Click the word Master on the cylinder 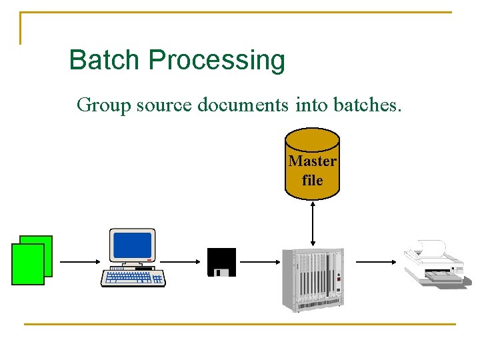[x=312, y=161]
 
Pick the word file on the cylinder [x=312, y=180]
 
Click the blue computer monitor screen [x=132, y=245]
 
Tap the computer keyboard [x=133, y=277]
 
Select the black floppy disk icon [x=221, y=262]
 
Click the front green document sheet [x=28, y=264]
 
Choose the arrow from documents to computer [x=78, y=262]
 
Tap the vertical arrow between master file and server [x=313, y=223]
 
